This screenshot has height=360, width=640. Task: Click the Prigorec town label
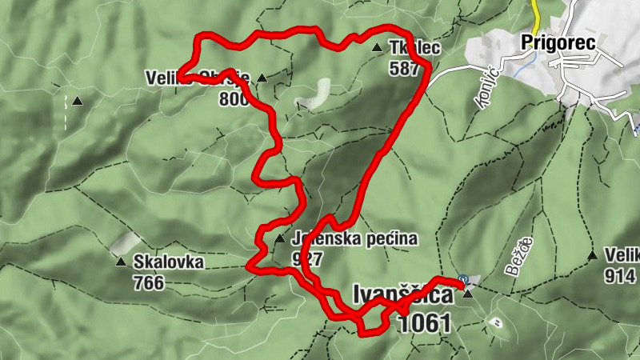click(558, 43)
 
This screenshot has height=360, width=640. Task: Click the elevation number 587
click(405, 68)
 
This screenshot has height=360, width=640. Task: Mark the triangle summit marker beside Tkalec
click(378, 48)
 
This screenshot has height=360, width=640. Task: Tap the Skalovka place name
click(169, 262)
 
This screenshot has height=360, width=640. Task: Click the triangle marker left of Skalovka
click(120, 262)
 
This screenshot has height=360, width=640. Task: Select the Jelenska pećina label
click(354, 239)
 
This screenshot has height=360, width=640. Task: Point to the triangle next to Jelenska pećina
click(279, 239)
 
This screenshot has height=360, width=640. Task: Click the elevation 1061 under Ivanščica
click(421, 323)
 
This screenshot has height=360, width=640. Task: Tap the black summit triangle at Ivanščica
click(468, 294)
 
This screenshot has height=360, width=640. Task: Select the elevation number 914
click(621, 277)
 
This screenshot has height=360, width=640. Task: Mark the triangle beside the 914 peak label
click(592, 256)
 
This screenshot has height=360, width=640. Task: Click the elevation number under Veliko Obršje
click(231, 99)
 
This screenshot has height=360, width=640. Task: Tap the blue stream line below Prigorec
click(521, 70)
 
